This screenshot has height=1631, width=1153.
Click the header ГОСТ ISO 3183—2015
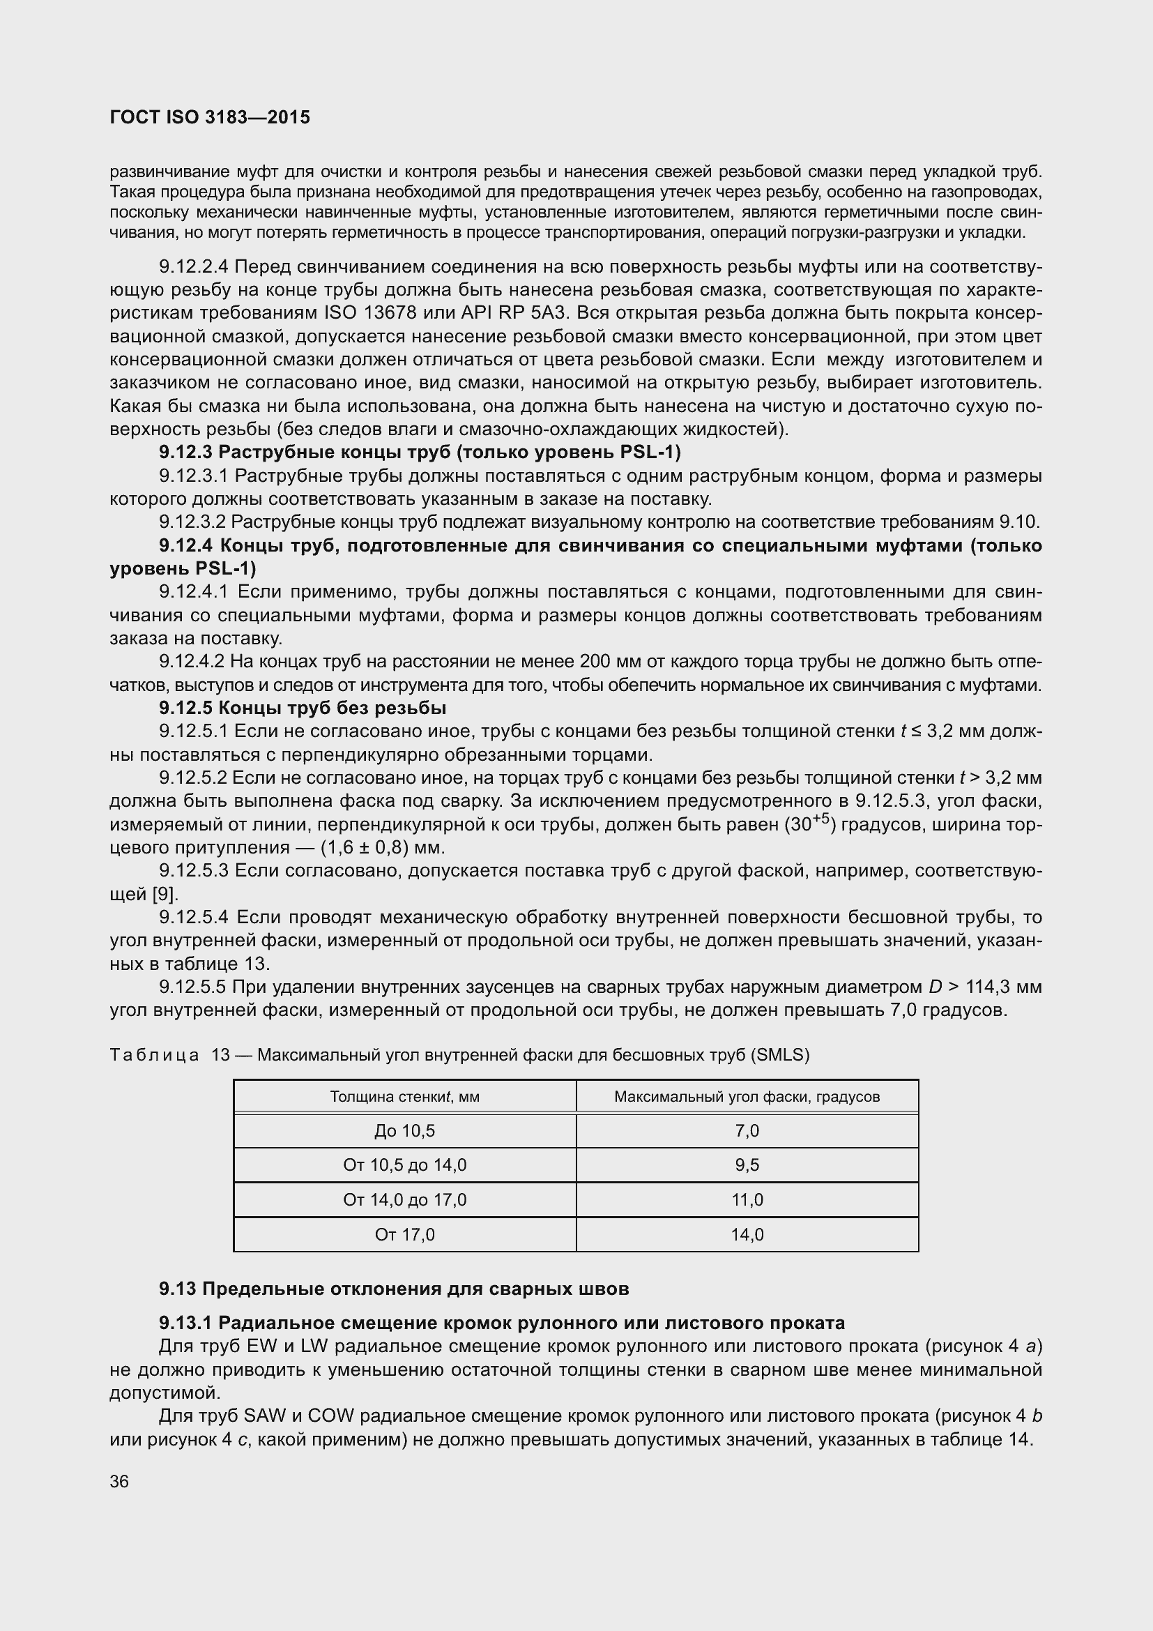click(210, 118)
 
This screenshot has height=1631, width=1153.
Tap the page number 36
click(119, 1481)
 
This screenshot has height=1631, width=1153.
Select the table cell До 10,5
click(405, 1131)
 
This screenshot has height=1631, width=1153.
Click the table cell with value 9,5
click(747, 1165)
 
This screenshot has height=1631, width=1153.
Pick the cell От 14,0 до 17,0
click(405, 1200)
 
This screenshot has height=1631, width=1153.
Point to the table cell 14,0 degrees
click(747, 1235)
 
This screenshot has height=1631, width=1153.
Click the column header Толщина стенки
click(405, 1096)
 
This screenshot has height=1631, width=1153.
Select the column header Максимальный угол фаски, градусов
click(747, 1096)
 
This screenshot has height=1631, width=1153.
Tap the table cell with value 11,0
click(747, 1200)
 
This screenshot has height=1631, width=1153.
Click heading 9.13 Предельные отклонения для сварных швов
click(394, 1289)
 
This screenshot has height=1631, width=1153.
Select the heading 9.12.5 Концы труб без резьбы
click(303, 708)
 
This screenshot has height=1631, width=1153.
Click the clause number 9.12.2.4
click(194, 267)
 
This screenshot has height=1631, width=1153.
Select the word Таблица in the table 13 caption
click(154, 1055)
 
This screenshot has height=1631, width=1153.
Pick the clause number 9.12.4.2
click(192, 662)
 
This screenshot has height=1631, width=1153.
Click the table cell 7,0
click(747, 1131)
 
